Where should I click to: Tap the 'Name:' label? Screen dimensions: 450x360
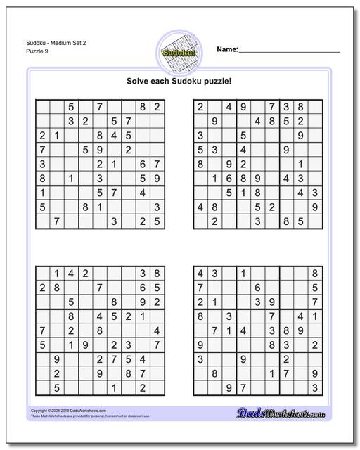[227, 50]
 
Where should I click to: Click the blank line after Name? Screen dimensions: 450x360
[290, 51]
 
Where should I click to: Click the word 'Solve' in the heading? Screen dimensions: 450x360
[139, 80]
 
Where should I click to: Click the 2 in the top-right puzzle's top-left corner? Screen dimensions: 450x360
[200, 108]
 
